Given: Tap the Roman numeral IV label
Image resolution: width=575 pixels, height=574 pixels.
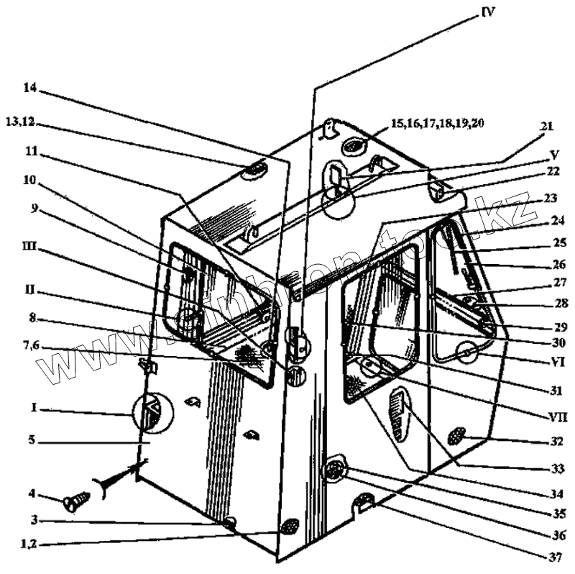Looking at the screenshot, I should click(x=489, y=11).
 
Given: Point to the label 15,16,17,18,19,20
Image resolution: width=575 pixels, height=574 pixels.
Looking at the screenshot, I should click(x=437, y=124).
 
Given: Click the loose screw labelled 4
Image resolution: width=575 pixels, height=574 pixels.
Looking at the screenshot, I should click(x=75, y=501).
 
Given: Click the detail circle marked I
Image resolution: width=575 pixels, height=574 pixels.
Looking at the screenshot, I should click(x=152, y=414).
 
